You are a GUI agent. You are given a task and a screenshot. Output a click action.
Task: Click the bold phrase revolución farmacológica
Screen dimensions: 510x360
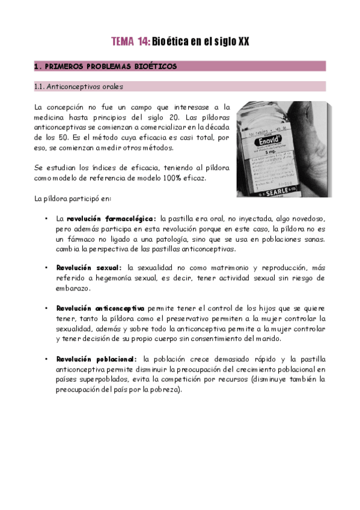[111, 219]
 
